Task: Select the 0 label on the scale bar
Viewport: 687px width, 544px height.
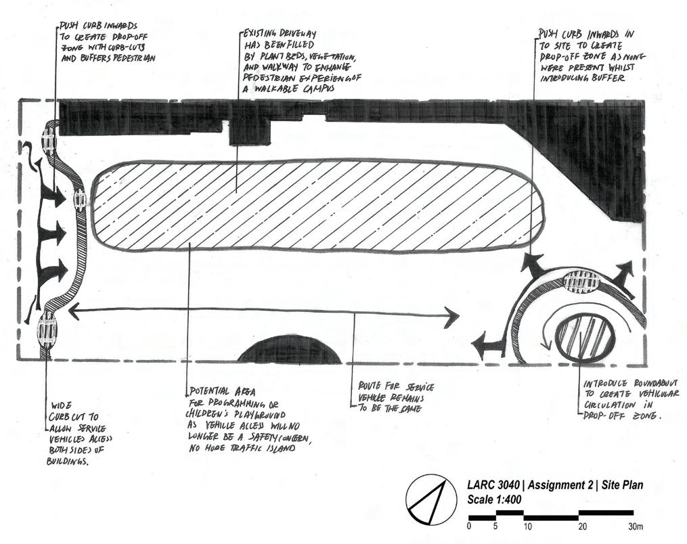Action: coord(469,526)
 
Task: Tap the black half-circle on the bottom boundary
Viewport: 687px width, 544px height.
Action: coord(290,351)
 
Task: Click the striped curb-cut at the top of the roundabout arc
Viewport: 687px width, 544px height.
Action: coord(582,279)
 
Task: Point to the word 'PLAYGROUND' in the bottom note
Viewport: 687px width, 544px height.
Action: coord(263,413)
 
